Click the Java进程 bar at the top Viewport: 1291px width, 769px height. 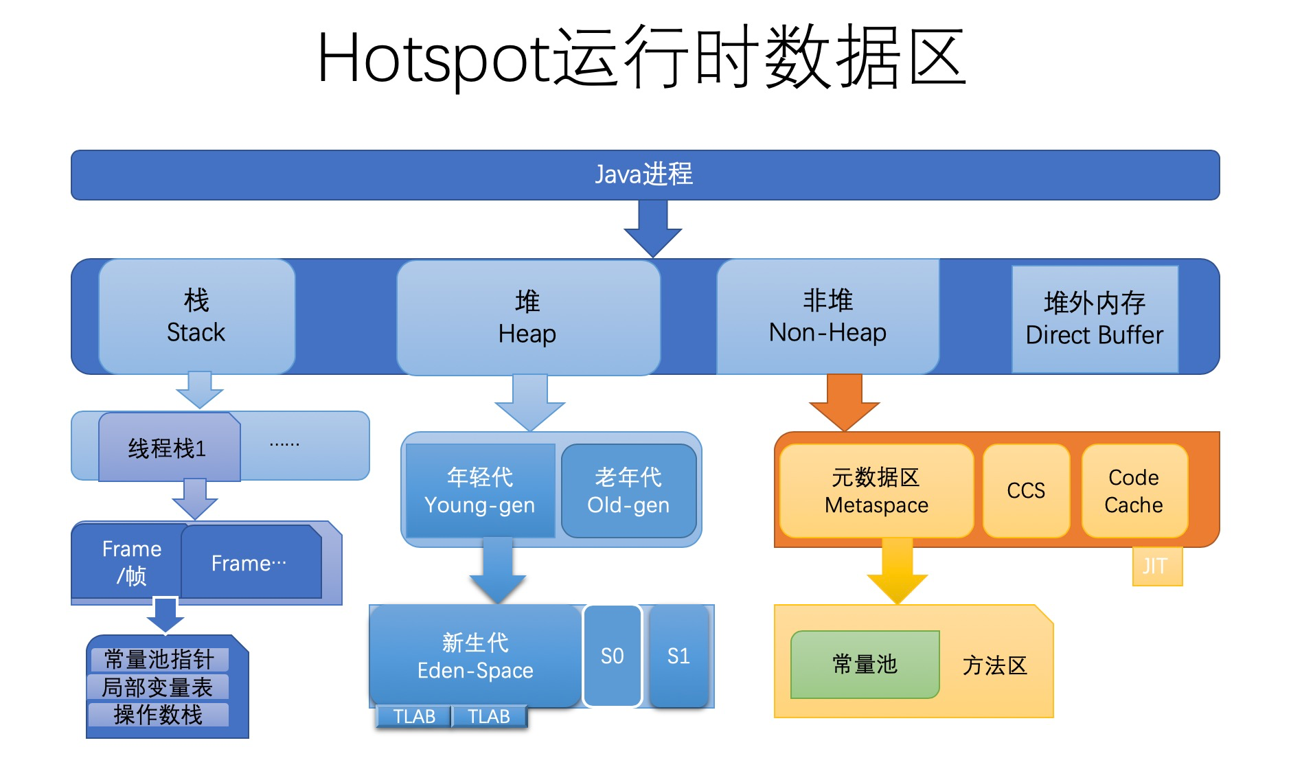644,174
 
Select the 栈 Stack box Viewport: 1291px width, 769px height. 196,317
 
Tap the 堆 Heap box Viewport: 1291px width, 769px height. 527,317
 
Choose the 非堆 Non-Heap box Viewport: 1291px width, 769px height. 827,317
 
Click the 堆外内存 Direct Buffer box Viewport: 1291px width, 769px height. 1095,319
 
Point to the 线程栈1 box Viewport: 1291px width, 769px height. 169,448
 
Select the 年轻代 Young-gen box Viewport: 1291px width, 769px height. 479,491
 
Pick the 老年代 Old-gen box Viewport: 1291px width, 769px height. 628,491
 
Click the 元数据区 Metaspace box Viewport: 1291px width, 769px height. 876,491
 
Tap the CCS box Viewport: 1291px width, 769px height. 1026,491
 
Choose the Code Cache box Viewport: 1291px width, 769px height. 1134,491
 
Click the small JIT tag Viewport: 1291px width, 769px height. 1156,566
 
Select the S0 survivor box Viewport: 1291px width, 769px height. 612,656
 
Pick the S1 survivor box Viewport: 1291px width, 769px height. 678,656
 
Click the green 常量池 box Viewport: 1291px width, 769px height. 865,664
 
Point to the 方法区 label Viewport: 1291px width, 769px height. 994,665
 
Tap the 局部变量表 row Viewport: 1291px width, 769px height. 158,687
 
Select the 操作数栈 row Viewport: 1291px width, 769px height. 158,715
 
